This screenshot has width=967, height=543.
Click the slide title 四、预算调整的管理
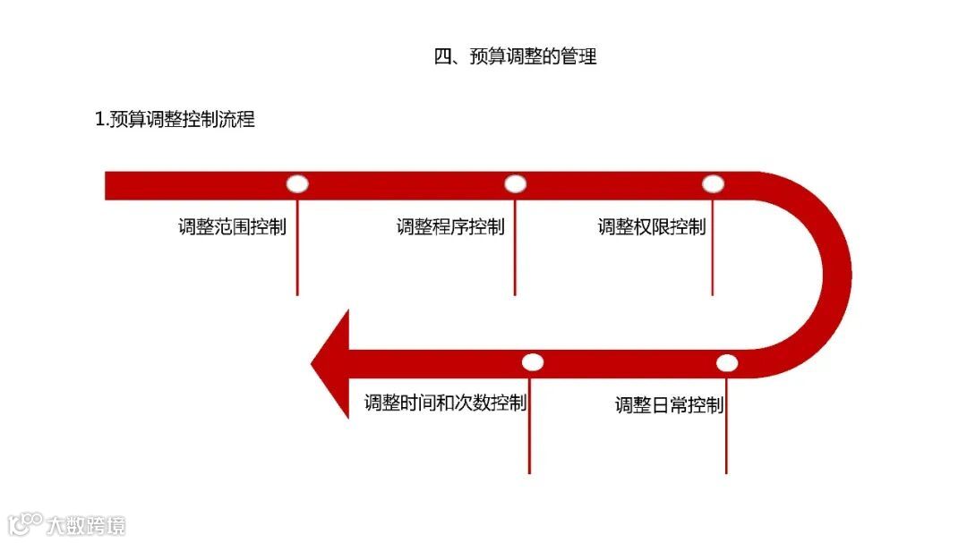(x=515, y=56)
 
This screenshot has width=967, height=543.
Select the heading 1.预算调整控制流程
(x=175, y=119)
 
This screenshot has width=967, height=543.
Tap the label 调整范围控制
(x=232, y=226)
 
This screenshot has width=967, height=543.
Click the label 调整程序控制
(x=450, y=226)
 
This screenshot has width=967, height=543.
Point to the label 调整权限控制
(x=651, y=226)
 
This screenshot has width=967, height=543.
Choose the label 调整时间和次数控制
(x=445, y=403)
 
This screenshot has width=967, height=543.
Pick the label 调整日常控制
(x=669, y=405)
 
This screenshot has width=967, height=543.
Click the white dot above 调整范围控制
(x=297, y=184)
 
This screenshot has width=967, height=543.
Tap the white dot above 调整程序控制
(x=515, y=184)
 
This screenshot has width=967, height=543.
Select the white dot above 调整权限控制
(x=713, y=184)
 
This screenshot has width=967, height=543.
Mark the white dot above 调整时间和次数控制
(x=533, y=362)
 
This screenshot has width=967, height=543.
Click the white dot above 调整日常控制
(x=727, y=362)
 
